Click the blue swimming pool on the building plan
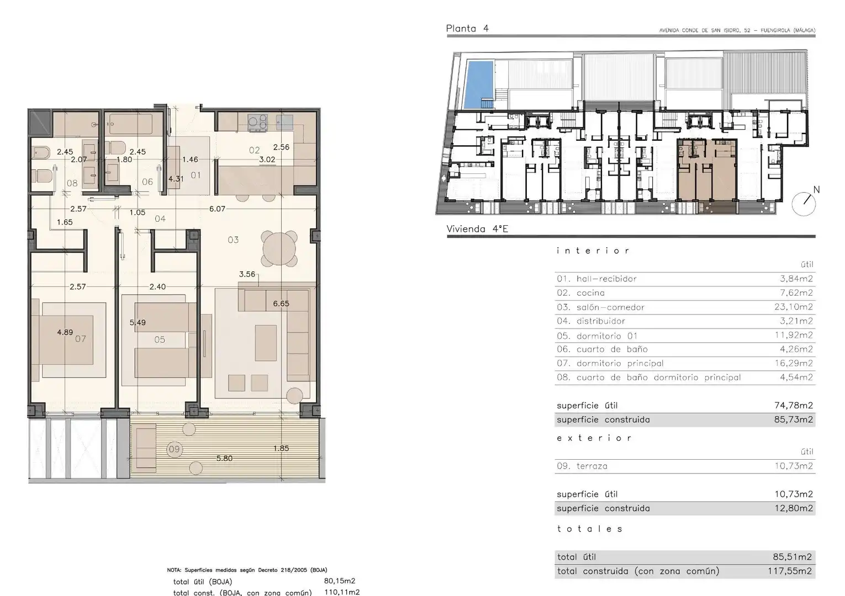click(x=478, y=84)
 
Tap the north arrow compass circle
click(x=804, y=204)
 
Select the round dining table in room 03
click(x=279, y=249)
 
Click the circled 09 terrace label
click(x=175, y=449)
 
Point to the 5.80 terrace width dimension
click(x=224, y=458)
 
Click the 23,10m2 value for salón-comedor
click(x=793, y=307)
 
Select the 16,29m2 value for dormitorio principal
click(x=796, y=363)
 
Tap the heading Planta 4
click(x=467, y=28)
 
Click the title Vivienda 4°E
click(x=477, y=229)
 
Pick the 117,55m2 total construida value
click(x=790, y=571)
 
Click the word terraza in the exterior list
click(x=592, y=466)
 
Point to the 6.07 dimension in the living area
click(x=217, y=209)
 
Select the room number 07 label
click(x=80, y=338)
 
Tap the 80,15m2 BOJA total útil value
click(x=340, y=581)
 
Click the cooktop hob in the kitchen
click(x=258, y=123)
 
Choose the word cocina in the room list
click(x=590, y=293)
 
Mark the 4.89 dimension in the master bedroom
click(x=65, y=332)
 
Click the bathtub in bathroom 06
click(x=130, y=124)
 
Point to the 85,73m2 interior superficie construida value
click(x=793, y=419)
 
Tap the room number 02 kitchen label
click(x=254, y=150)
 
